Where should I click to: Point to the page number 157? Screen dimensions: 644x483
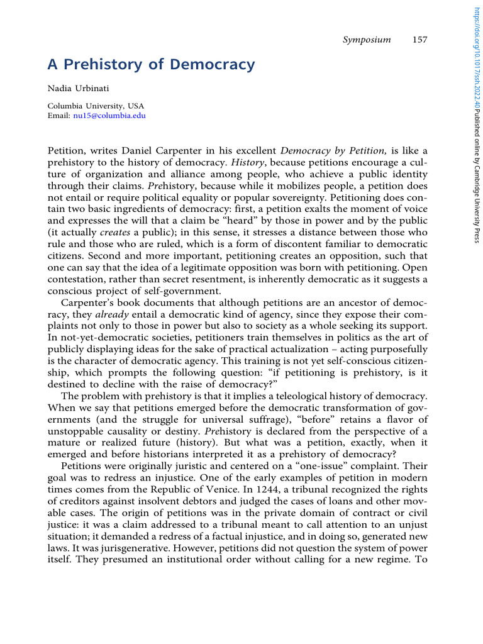tap(419, 40)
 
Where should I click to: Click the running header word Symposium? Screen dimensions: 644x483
tap(367, 40)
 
